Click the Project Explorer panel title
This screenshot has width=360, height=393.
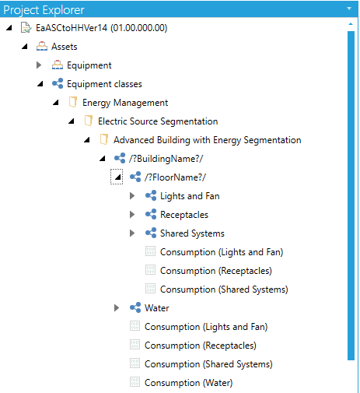click(x=44, y=10)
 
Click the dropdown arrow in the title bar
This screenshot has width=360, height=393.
click(x=349, y=9)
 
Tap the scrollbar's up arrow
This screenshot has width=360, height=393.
click(x=351, y=24)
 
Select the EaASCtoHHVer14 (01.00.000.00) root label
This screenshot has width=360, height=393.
click(x=102, y=28)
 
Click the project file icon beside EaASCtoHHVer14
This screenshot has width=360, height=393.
click(x=26, y=28)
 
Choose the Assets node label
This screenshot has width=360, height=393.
click(x=65, y=47)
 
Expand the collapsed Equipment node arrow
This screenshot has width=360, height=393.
click(x=39, y=65)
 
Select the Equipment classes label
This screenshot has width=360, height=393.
click(x=104, y=84)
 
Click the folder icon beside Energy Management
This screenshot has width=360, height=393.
click(x=73, y=103)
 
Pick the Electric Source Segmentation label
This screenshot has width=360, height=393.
click(x=158, y=121)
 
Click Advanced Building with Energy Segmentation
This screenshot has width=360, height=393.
click(x=208, y=140)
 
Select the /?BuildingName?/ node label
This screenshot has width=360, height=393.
click(x=166, y=159)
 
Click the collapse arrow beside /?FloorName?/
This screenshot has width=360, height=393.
click(x=117, y=177)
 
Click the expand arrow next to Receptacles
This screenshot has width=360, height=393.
click(x=132, y=215)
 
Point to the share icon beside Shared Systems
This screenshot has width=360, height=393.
click(x=151, y=233)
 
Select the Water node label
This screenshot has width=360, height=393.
click(x=157, y=308)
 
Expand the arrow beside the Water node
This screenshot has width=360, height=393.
click(x=117, y=308)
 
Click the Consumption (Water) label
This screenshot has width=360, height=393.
click(x=188, y=383)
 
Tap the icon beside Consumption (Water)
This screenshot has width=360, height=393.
click(x=135, y=382)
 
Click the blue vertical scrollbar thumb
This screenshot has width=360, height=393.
click(x=351, y=195)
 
